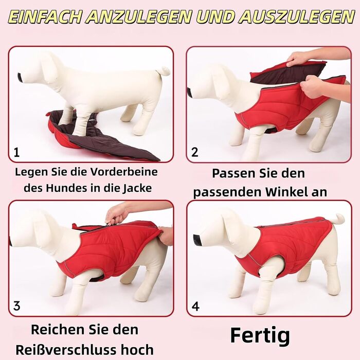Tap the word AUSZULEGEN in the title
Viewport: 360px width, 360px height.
tap(296, 17)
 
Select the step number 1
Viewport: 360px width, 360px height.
tap(16, 152)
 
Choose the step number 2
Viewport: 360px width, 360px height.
tap(195, 152)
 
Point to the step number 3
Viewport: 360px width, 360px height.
tap(17, 306)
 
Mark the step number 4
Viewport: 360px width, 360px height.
tap(195, 306)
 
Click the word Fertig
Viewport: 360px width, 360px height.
tap(260, 336)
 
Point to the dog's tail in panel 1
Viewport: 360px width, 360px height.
tap(165, 71)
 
